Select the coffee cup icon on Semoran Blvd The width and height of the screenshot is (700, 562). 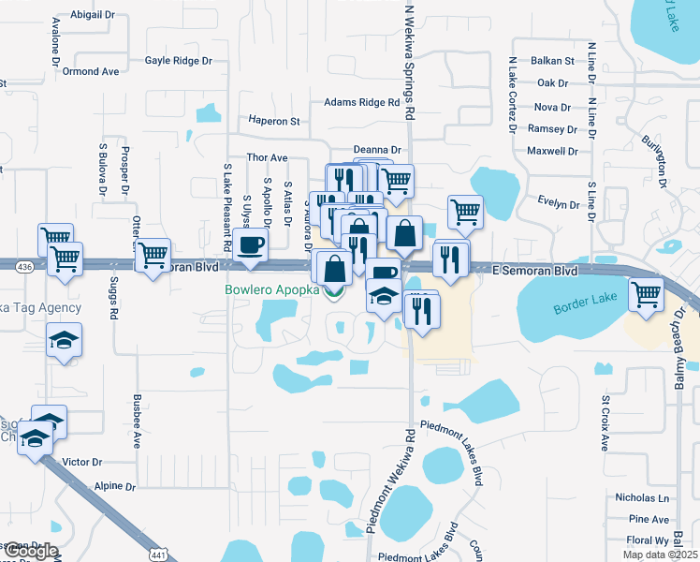coord(250,244)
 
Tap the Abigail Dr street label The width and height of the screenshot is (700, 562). coord(91,16)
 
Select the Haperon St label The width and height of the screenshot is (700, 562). coord(273,121)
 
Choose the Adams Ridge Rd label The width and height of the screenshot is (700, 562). coord(361,103)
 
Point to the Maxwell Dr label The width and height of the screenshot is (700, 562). coord(552,151)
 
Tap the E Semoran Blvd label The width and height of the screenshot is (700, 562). coord(534,270)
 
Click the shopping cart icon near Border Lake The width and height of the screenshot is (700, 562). coord(646,293)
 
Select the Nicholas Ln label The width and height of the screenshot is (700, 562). coord(642,498)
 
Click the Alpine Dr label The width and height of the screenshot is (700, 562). coord(115,487)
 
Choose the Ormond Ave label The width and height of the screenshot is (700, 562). coord(92,71)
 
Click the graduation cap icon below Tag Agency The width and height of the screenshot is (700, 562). coord(64,339)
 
